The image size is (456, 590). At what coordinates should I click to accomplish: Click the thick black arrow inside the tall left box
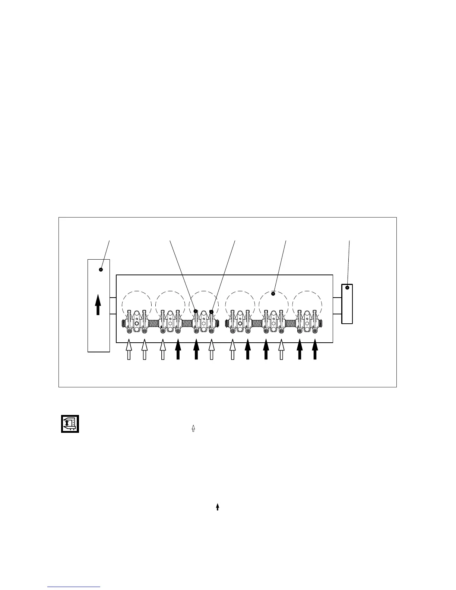click(98, 305)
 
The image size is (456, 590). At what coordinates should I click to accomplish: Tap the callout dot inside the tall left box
click(101, 270)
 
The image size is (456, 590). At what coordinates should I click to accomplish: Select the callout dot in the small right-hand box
click(347, 288)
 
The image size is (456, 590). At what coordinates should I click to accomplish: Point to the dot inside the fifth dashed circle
click(273, 294)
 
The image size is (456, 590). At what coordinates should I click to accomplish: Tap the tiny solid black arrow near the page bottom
click(218, 507)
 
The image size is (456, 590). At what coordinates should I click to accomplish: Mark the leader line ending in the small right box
click(349, 263)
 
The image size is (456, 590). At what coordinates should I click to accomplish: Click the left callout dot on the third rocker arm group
click(195, 311)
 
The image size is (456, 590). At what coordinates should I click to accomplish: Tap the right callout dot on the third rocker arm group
click(212, 312)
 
